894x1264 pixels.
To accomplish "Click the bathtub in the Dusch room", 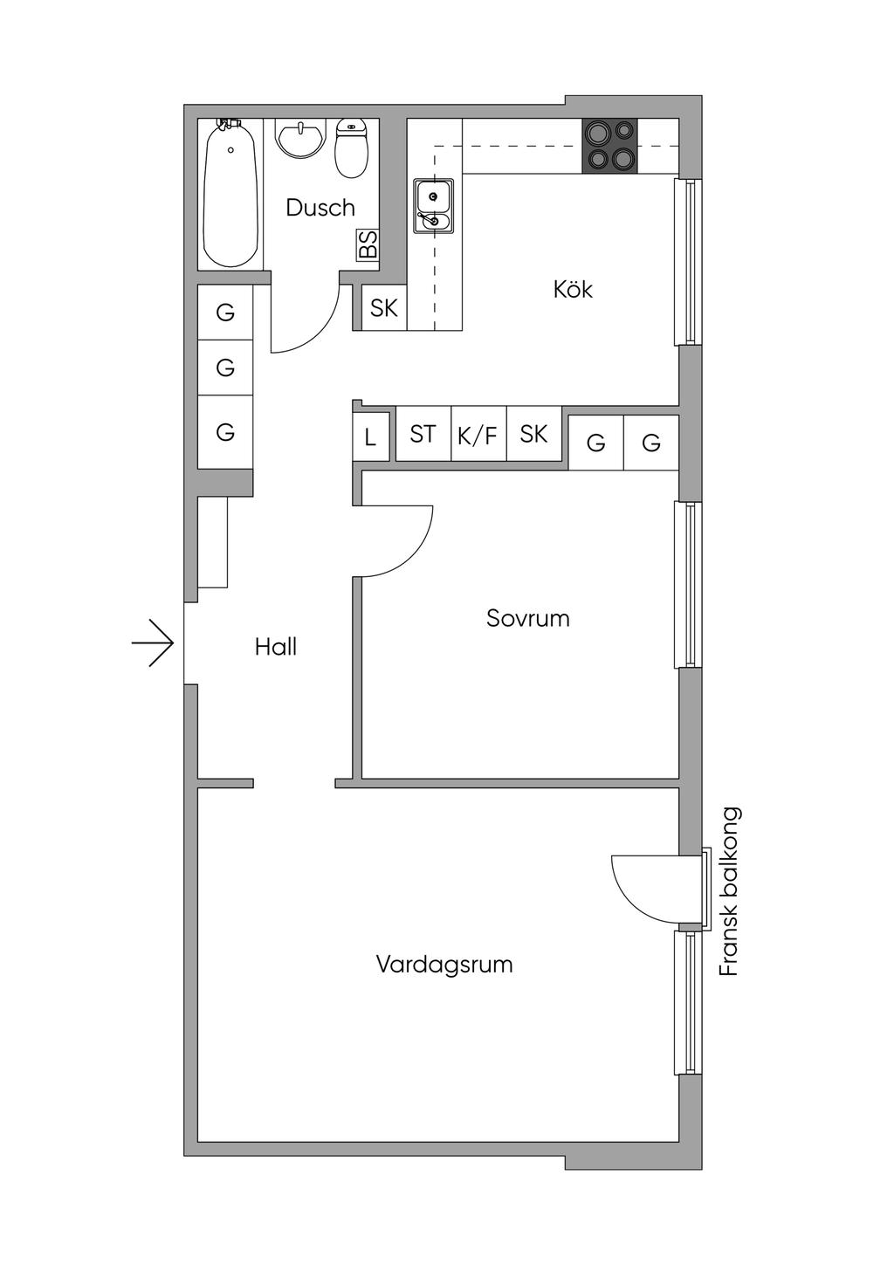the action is pos(230,195).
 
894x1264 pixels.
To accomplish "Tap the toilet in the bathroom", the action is pos(351,149).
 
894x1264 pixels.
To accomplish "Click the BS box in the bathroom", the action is pos(368,245).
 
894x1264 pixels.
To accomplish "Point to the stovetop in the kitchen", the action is pos(610,146).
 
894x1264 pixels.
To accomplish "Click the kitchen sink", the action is pos(433,206).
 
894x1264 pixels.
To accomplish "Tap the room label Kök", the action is pos(573,290).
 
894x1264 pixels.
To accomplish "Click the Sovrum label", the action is pos(527,618).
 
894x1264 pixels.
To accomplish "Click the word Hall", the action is pos(275,647).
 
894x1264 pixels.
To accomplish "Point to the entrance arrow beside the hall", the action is pos(153,642).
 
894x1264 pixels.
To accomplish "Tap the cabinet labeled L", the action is pos(371,436).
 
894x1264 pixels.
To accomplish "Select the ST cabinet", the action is pos(423,434).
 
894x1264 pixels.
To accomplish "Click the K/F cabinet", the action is pos(478,434).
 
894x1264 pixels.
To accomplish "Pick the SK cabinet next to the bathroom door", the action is pos(384,308).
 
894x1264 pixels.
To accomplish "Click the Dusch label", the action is pos(320,208).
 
